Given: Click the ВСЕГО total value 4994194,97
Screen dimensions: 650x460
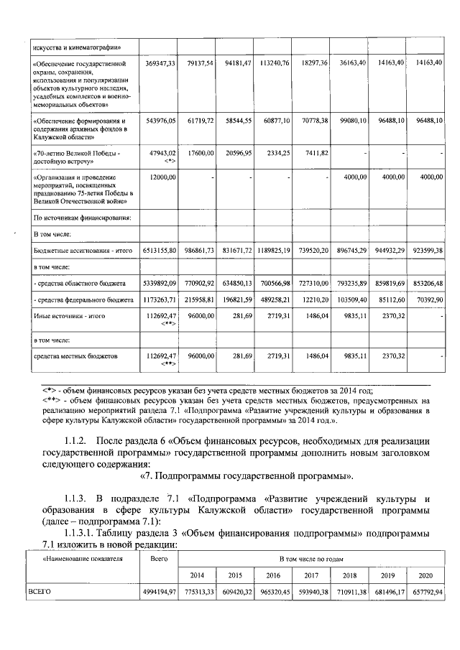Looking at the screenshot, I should click(x=159, y=592).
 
